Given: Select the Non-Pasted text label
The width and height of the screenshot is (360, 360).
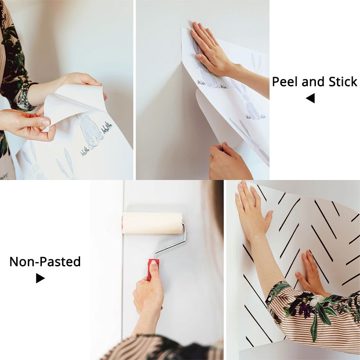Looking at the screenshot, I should [x=45, y=261].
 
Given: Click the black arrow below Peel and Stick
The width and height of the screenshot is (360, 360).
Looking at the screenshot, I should [x=310, y=98].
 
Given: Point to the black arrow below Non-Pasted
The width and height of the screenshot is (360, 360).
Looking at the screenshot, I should [x=40, y=279].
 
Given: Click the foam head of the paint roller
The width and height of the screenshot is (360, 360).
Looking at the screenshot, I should [x=152, y=223].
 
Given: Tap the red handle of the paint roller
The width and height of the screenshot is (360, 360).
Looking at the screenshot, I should [x=153, y=269].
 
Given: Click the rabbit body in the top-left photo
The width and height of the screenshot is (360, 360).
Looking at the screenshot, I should [x=90, y=131].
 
